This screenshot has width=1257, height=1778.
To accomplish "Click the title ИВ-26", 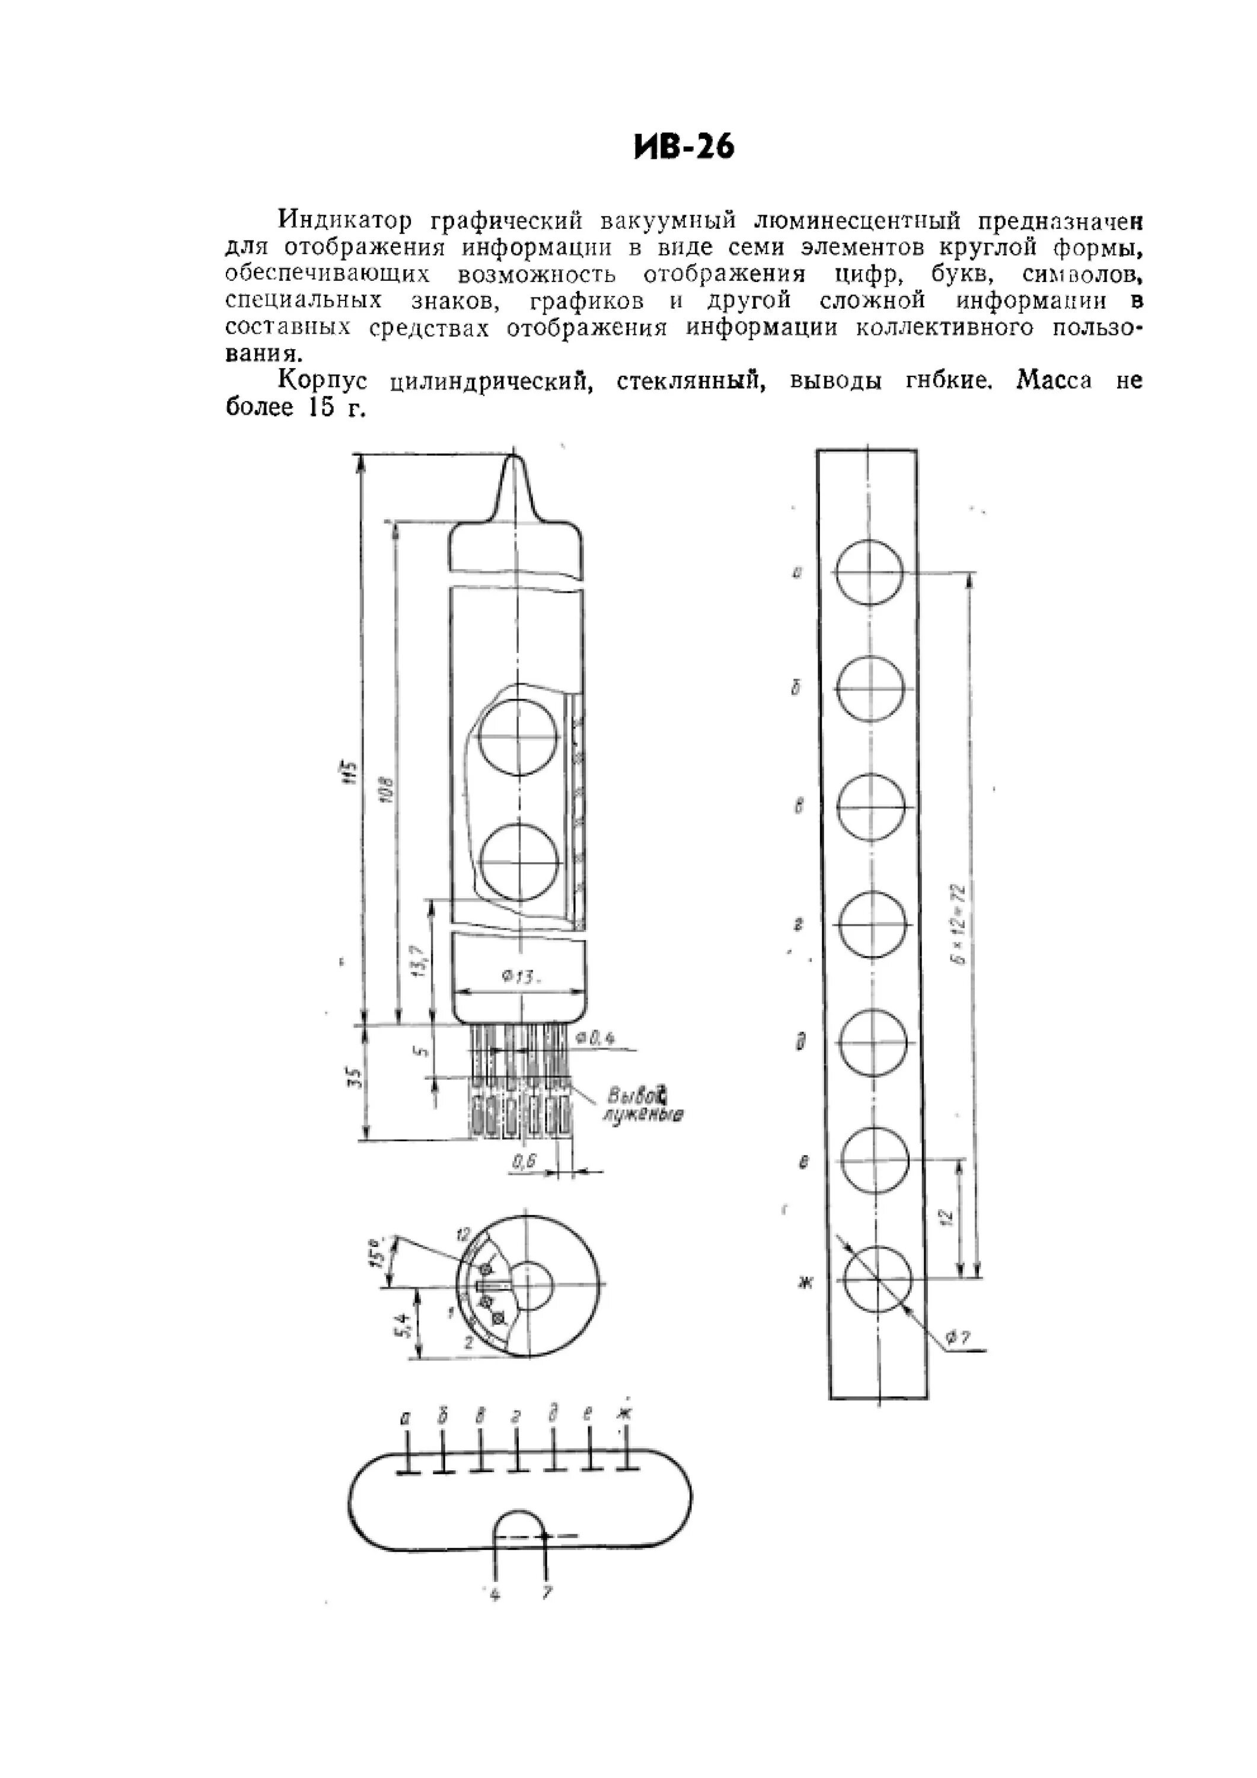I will pos(683,146).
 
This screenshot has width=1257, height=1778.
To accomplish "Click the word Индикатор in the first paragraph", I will pos(346,220).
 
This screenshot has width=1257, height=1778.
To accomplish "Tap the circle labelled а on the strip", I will pos(870,573).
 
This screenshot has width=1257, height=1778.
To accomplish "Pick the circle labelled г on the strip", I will pos(872,925).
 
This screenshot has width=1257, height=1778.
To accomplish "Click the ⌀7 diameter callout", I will pos(961,1336).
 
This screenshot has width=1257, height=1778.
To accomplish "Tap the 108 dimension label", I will pos(388,790).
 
